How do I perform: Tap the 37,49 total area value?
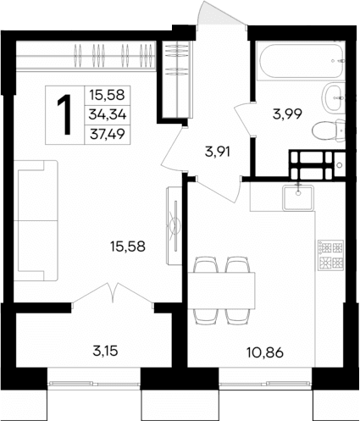coord(104,133)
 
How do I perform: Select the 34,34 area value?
coord(104,114)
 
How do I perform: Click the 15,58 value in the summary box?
coord(104,94)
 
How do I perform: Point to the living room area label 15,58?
coord(127,247)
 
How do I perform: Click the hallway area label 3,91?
coord(219,153)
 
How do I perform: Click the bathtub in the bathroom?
coord(301,60)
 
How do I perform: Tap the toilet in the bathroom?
coord(325,131)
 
